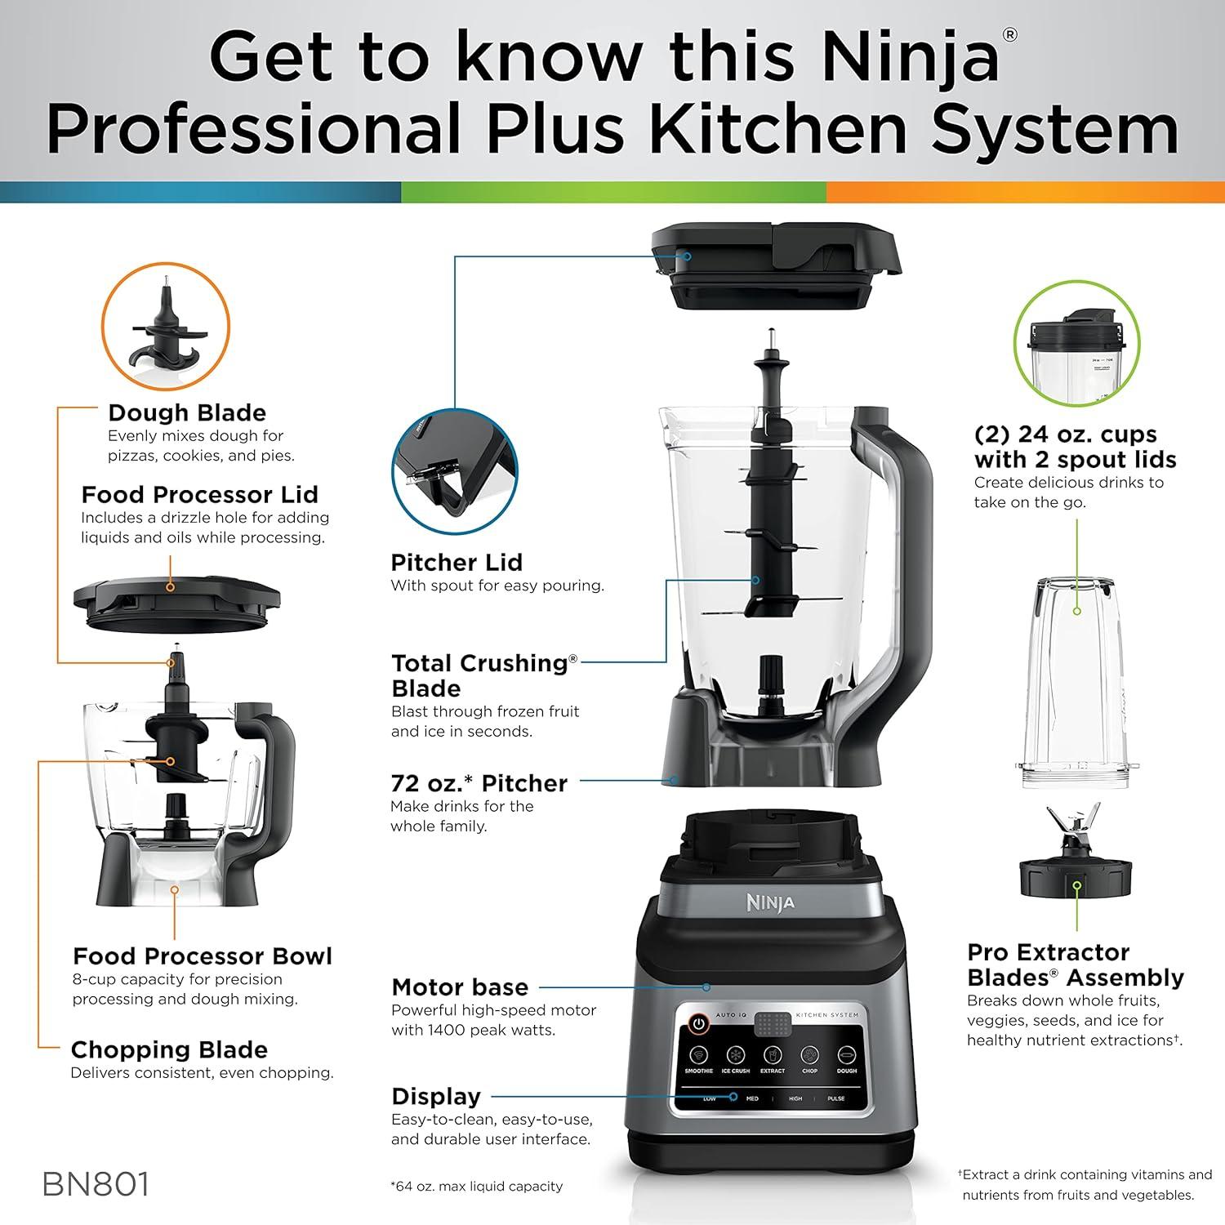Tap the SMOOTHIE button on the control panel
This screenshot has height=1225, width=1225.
(699, 1055)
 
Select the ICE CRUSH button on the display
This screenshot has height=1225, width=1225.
(736, 1055)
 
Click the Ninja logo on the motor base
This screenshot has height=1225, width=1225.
(770, 902)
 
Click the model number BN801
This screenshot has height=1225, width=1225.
(96, 1185)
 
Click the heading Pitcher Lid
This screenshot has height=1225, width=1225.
(457, 563)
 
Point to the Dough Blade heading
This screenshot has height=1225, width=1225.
(187, 412)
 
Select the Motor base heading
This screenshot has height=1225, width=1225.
(460, 987)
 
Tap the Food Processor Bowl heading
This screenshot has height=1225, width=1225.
(203, 956)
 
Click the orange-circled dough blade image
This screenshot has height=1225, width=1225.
(166, 327)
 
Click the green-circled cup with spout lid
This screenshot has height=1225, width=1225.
(1076, 343)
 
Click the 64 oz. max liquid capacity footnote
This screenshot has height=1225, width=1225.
(477, 1186)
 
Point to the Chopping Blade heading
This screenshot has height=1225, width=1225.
(169, 1049)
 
